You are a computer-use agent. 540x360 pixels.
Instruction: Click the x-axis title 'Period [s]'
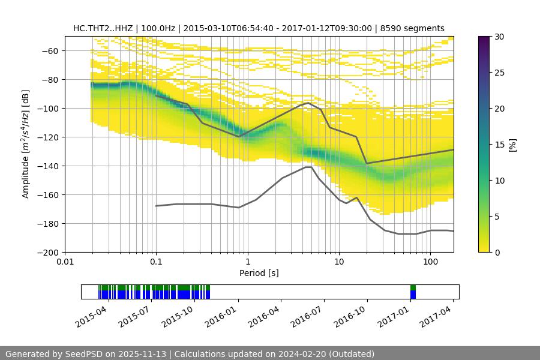pos(259,274)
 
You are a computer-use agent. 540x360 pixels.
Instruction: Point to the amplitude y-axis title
pos(26,144)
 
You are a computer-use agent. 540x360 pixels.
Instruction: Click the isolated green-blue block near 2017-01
pos(413,292)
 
